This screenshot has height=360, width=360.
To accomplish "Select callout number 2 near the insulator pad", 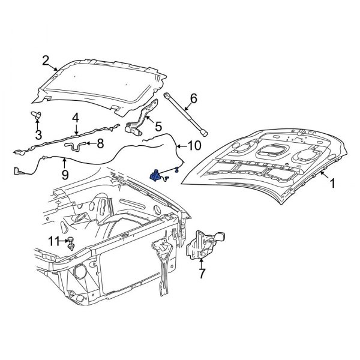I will click(x=46, y=59).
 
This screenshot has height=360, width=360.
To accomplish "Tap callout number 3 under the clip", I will click(x=37, y=134).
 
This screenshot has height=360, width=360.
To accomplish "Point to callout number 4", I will click(x=76, y=118).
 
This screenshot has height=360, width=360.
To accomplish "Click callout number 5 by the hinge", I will click(x=158, y=127).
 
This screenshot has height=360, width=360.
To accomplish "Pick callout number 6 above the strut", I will click(x=193, y=98).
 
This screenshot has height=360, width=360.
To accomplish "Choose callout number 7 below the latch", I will click(x=202, y=274).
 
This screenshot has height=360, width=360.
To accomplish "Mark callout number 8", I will click(x=100, y=143).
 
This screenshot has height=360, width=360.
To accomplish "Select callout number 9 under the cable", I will click(x=64, y=176).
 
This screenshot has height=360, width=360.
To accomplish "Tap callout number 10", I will click(x=194, y=146).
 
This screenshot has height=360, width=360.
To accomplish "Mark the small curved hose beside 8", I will click(x=75, y=145).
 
